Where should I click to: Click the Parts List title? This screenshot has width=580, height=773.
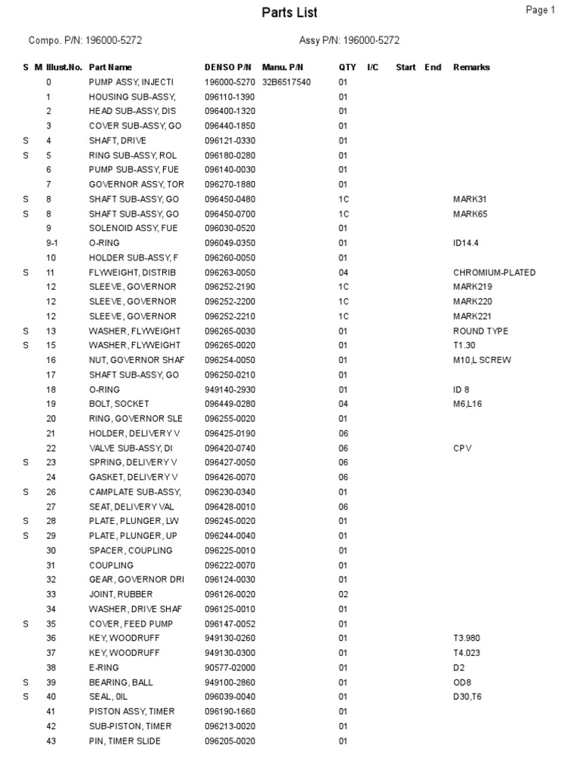click(x=289, y=13)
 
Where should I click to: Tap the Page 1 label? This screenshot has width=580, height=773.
click(x=541, y=11)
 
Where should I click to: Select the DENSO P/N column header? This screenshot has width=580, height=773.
click(x=227, y=67)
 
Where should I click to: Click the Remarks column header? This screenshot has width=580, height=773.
click(x=471, y=67)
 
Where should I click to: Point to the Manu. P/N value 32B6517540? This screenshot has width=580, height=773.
click(x=286, y=82)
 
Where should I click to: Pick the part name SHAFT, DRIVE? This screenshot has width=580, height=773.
click(x=118, y=140)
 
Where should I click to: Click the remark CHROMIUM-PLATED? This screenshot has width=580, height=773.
click(x=495, y=273)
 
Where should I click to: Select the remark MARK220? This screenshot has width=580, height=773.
click(x=471, y=302)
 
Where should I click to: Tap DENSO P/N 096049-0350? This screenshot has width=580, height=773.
click(x=230, y=243)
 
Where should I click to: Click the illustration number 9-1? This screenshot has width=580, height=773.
click(x=51, y=243)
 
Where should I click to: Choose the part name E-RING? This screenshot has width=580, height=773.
click(x=104, y=668)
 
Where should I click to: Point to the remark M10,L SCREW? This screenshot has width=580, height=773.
click(x=482, y=360)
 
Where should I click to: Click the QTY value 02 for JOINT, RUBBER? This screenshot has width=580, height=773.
click(x=343, y=595)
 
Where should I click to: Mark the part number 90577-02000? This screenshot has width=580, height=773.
click(x=230, y=668)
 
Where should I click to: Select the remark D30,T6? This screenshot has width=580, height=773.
click(x=467, y=697)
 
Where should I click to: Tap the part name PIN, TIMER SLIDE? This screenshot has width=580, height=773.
click(x=125, y=741)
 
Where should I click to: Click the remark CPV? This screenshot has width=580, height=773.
click(x=462, y=448)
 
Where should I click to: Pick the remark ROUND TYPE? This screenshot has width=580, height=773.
click(x=480, y=331)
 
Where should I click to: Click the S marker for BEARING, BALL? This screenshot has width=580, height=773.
click(x=26, y=682)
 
